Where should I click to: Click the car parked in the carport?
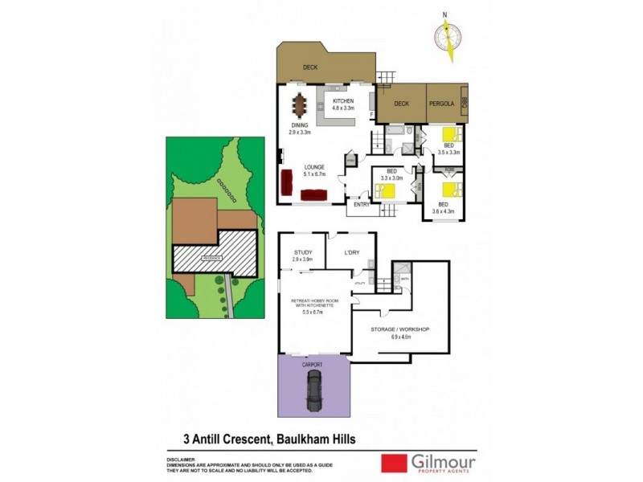pos(314,390)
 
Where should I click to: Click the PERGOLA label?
pos(442,104)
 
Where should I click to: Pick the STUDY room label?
pos(301,252)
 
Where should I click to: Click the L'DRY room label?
pos(351,252)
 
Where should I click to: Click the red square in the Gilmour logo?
pos(393,464)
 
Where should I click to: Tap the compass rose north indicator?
pos(448,37)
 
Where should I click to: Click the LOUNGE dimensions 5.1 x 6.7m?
pos(315,173)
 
